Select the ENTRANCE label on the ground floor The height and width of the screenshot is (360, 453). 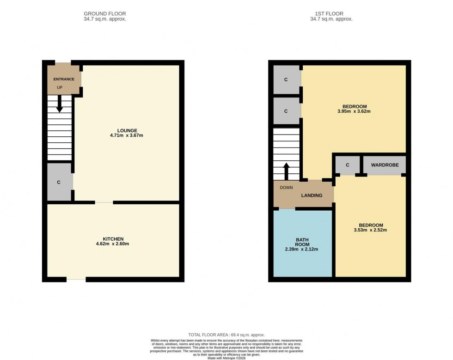[64, 79]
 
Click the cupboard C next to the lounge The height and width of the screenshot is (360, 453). [59, 183]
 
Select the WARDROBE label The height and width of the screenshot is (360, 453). [385, 165]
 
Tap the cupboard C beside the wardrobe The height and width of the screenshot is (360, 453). [347, 165]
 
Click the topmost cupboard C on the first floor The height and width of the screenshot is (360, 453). [286, 79]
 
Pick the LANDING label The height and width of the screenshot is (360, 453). [312, 195]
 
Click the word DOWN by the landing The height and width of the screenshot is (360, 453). [286, 188]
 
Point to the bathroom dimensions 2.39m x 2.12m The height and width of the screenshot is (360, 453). [302, 249]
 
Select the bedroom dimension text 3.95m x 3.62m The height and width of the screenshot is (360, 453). [354, 111]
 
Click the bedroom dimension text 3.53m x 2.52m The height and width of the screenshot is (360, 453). [370, 230]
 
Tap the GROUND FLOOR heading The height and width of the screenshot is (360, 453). [104, 14]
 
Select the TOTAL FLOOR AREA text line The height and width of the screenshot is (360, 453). [226, 335]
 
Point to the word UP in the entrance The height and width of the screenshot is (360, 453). [60, 87]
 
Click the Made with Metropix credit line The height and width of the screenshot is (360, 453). [226, 358]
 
